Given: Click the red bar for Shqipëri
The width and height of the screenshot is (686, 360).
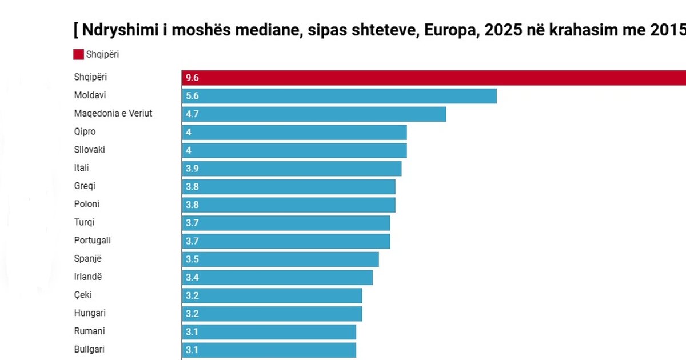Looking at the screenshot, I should (434, 78).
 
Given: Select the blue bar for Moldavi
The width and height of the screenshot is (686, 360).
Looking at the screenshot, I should (340, 96).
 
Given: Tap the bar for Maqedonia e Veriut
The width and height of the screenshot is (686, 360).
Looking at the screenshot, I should (314, 114).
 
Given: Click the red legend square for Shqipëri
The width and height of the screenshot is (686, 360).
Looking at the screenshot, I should (79, 55).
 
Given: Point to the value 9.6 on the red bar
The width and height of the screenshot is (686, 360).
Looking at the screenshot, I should (192, 78).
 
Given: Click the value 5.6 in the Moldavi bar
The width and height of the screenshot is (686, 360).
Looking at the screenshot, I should (192, 96).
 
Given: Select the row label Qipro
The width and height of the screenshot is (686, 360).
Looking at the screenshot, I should (85, 131).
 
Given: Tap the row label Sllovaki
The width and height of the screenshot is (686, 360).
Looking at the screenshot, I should (90, 150).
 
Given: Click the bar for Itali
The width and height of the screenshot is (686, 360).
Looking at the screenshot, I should (292, 169).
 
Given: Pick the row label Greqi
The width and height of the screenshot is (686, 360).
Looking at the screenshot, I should (85, 186).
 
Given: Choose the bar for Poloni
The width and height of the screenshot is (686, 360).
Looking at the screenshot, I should (289, 205).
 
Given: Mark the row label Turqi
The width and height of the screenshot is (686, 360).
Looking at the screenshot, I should (85, 222).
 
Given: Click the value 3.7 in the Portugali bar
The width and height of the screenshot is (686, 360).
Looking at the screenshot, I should (192, 241).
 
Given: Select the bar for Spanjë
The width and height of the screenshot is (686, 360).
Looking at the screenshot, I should (280, 259).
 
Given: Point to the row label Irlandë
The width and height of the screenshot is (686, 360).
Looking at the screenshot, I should (89, 277).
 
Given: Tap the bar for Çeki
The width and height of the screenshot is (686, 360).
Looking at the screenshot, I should (272, 295).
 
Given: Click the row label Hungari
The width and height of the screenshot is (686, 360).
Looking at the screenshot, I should (90, 313).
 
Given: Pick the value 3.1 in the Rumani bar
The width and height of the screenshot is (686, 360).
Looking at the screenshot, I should (192, 332).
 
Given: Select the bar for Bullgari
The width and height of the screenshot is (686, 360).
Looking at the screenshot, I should (269, 350).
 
